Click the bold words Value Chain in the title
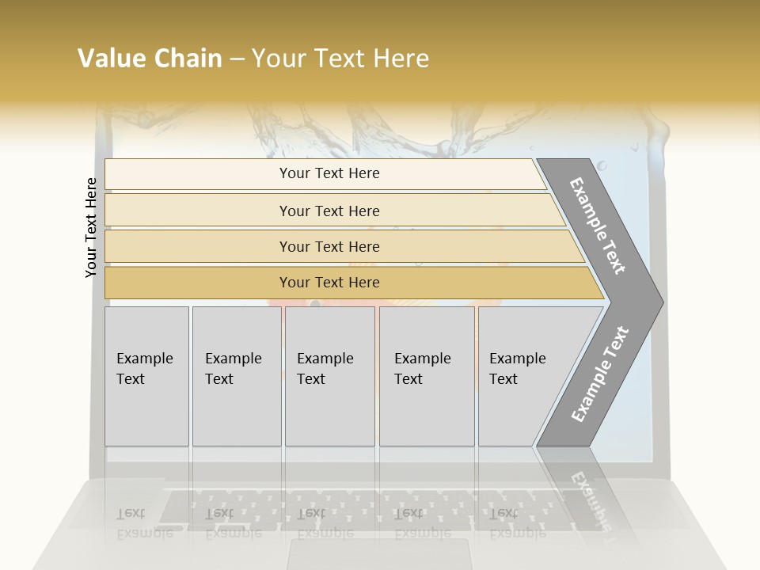coord(150,59)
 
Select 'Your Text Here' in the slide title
coord(340,59)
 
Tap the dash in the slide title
coord(237,59)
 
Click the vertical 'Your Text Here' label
coord(91,227)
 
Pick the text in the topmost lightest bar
coord(329,173)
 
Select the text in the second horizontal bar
coord(329,211)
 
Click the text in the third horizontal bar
coord(329,247)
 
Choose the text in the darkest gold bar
coord(329,283)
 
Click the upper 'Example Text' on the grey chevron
coord(598,226)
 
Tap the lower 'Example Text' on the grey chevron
coord(599,374)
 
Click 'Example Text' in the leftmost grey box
coord(144,369)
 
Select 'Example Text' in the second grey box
coord(233,369)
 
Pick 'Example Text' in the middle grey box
coord(325,369)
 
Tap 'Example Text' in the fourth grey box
coord(422,369)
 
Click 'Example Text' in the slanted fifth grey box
coord(517,369)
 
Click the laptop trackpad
coord(380,554)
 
